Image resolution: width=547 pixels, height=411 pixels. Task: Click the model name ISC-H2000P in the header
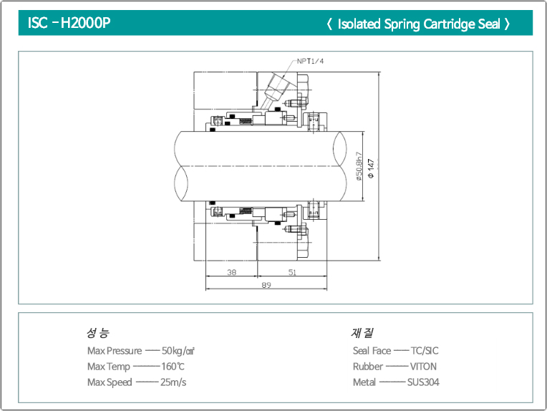tap(69, 23)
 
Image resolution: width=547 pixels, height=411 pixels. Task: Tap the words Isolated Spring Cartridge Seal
tap(418, 24)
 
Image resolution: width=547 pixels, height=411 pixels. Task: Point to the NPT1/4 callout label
tap(311, 62)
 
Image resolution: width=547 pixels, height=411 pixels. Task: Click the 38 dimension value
tap(231, 272)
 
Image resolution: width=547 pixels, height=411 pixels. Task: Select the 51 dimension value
tap(292, 272)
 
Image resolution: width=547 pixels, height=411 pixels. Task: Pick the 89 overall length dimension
tap(266, 285)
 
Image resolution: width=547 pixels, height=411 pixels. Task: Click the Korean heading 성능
tap(97, 333)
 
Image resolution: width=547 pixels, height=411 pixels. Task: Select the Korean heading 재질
tap(362, 333)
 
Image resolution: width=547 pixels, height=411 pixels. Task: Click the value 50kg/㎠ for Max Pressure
tap(178, 351)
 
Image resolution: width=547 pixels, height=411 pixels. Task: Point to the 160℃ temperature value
tap(173, 367)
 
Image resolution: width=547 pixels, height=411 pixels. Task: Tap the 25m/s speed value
tap(174, 382)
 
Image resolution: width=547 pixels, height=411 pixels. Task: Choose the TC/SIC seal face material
tap(425, 351)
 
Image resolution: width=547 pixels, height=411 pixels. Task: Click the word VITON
tap(423, 367)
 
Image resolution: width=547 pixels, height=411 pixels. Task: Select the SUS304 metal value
tap(423, 382)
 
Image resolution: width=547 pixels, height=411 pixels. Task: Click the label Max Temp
tap(109, 367)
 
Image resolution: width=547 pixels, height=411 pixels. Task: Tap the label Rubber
tap(368, 367)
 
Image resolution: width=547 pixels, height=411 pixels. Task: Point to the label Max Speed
tap(110, 382)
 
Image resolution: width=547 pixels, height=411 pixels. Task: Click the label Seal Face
tap(372, 351)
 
